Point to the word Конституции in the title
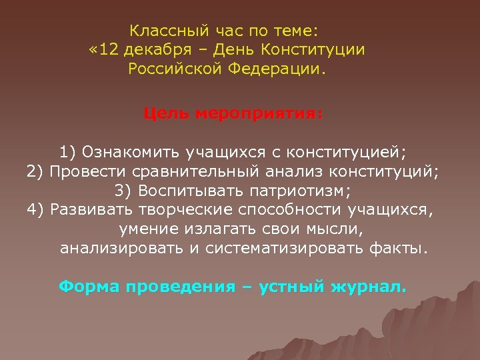click(313, 50)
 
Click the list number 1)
click(68, 151)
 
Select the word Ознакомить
click(133, 151)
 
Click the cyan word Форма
click(88, 287)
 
